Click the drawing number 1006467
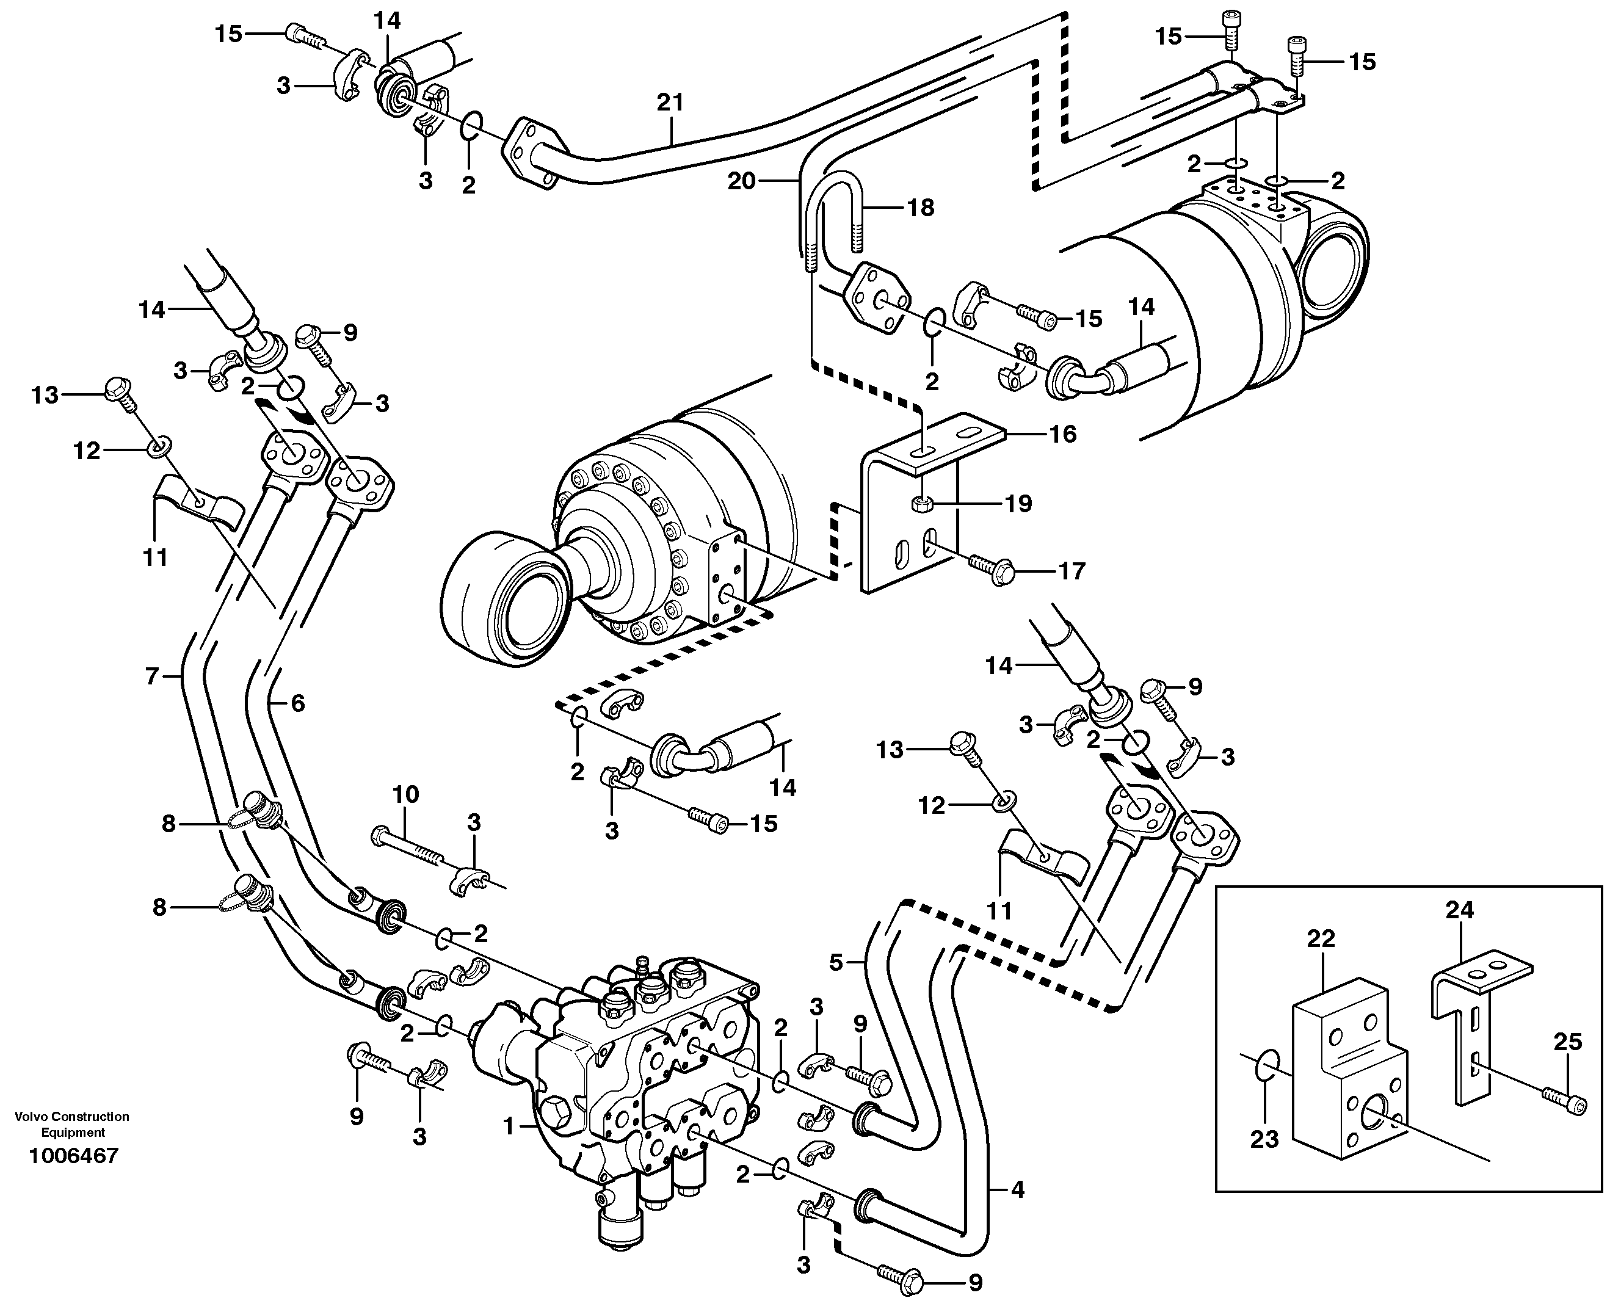(73, 1156)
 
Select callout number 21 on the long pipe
(670, 103)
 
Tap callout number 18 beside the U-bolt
(920, 208)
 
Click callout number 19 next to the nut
(1018, 504)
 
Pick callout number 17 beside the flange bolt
(1071, 571)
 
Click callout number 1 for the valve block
(508, 1127)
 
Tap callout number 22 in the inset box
(1322, 939)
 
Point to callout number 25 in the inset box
(1567, 1043)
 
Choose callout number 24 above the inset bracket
(1459, 910)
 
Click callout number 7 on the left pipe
(152, 677)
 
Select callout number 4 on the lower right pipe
(1017, 1191)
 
